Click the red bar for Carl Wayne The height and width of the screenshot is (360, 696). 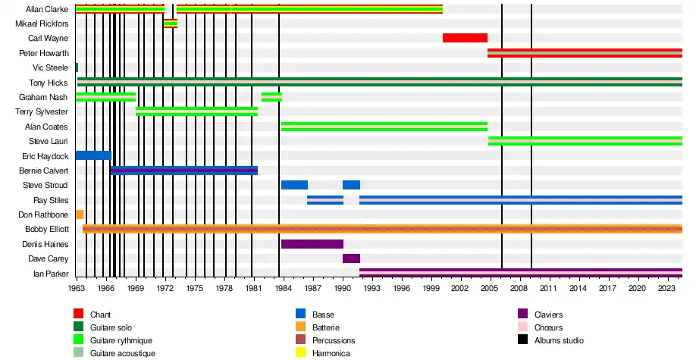tap(465, 38)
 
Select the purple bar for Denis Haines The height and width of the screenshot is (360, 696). tap(312, 244)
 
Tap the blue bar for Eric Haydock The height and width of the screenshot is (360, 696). tap(92, 155)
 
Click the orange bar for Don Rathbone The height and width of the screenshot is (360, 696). tap(80, 214)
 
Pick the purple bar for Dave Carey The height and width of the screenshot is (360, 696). tap(351, 258)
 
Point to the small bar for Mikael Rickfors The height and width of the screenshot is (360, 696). tap(170, 23)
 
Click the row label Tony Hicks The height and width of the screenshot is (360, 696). tap(49, 83)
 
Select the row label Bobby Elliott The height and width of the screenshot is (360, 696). tap(47, 229)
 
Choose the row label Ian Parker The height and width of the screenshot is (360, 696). tap(51, 274)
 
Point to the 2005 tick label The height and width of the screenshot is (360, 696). tap(490, 289)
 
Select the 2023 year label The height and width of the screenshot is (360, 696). tap(666, 289)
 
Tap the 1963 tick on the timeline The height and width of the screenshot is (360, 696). tap(77, 289)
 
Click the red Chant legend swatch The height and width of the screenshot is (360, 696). tap(78, 314)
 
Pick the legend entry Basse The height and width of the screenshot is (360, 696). tap(323, 315)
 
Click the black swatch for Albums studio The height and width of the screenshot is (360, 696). tap(522, 340)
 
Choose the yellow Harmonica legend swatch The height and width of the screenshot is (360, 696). tap(300, 353)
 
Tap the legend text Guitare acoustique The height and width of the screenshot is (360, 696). tap(123, 354)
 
